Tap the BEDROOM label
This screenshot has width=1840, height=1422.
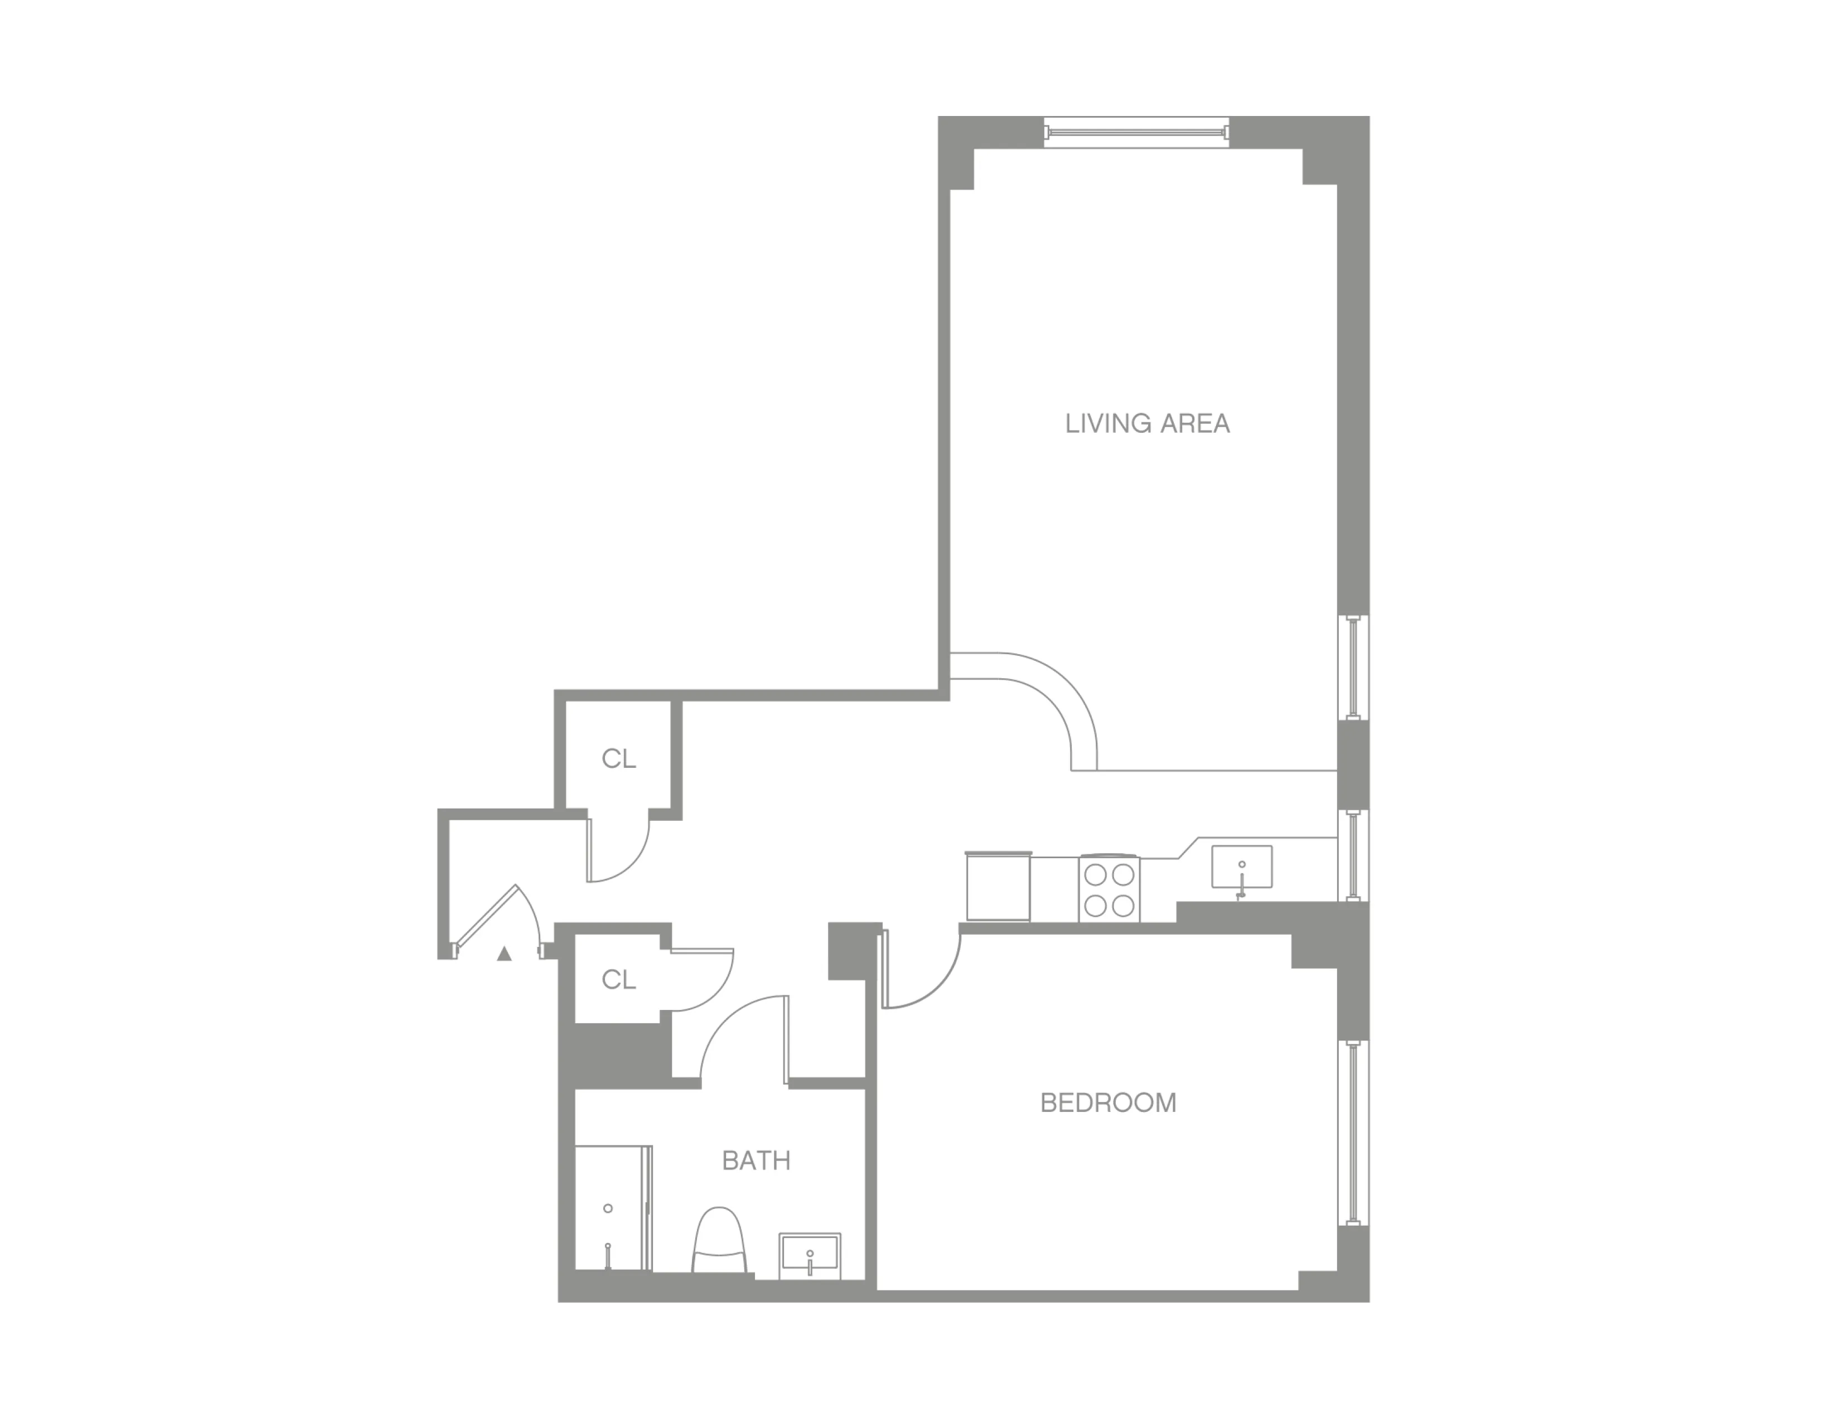[1108, 1102]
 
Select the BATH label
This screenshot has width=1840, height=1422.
[756, 1161]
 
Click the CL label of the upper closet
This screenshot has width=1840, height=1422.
[618, 759]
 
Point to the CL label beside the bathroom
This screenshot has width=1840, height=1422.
[618, 980]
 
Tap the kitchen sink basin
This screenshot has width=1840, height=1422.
[1241, 867]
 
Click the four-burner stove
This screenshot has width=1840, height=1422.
[1108, 889]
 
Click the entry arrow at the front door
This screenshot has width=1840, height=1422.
[504, 954]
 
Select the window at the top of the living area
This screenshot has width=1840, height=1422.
[1136, 132]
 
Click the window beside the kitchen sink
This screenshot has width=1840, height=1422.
[1353, 855]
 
